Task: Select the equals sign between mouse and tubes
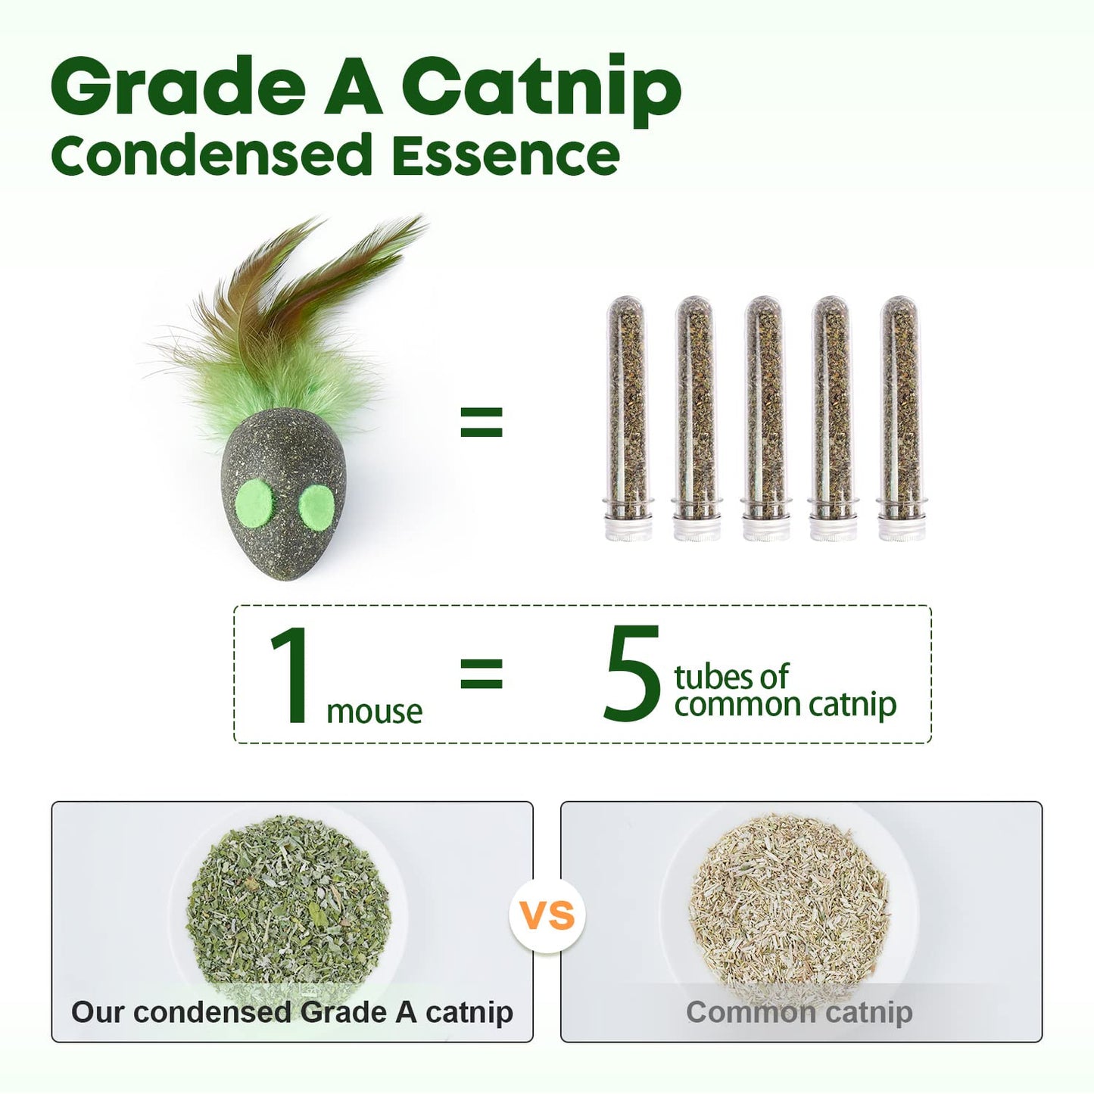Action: click(x=482, y=422)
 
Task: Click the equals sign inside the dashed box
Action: click(x=482, y=672)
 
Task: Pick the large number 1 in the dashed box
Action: click(x=291, y=675)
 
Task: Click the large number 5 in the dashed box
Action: click(x=632, y=674)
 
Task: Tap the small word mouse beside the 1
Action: click(x=374, y=712)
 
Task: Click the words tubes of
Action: click(x=731, y=676)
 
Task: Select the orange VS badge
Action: click(x=547, y=917)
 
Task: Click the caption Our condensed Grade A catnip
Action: click(x=292, y=1012)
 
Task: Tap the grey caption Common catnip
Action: click(x=799, y=1012)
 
